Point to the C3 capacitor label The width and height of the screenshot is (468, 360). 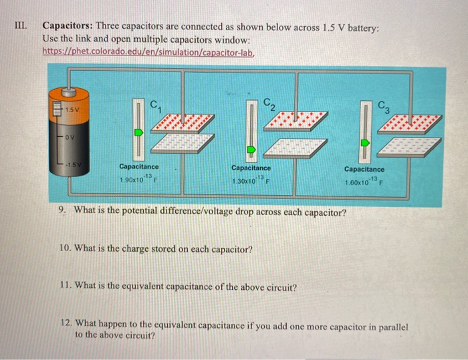pyautogui.click(x=383, y=105)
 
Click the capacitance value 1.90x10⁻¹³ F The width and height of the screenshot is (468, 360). pyautogui.click(x=138, y=180)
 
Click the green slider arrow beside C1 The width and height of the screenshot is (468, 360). pyautogui.click(x=138, y=132)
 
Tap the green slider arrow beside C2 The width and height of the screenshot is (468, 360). pyautogui.click(x=251, y=150)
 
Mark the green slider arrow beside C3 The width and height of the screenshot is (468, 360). pyautogui.click(x=365, y=143)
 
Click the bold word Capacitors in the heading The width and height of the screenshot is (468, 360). pyautogui.click(x=67, y=26)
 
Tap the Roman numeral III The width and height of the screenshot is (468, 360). pyautogui.click(x=21, y=26)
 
